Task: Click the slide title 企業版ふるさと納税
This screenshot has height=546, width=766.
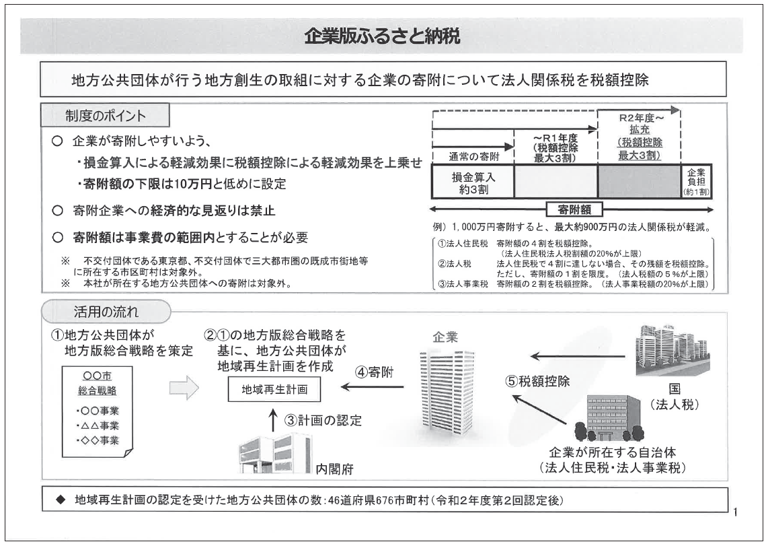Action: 382,36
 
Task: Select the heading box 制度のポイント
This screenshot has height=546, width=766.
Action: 105,116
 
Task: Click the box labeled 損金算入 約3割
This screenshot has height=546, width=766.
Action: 472,182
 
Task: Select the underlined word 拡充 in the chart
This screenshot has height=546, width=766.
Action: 639,129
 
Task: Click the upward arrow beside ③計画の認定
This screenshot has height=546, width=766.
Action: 272,421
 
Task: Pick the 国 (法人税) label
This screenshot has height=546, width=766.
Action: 674,397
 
